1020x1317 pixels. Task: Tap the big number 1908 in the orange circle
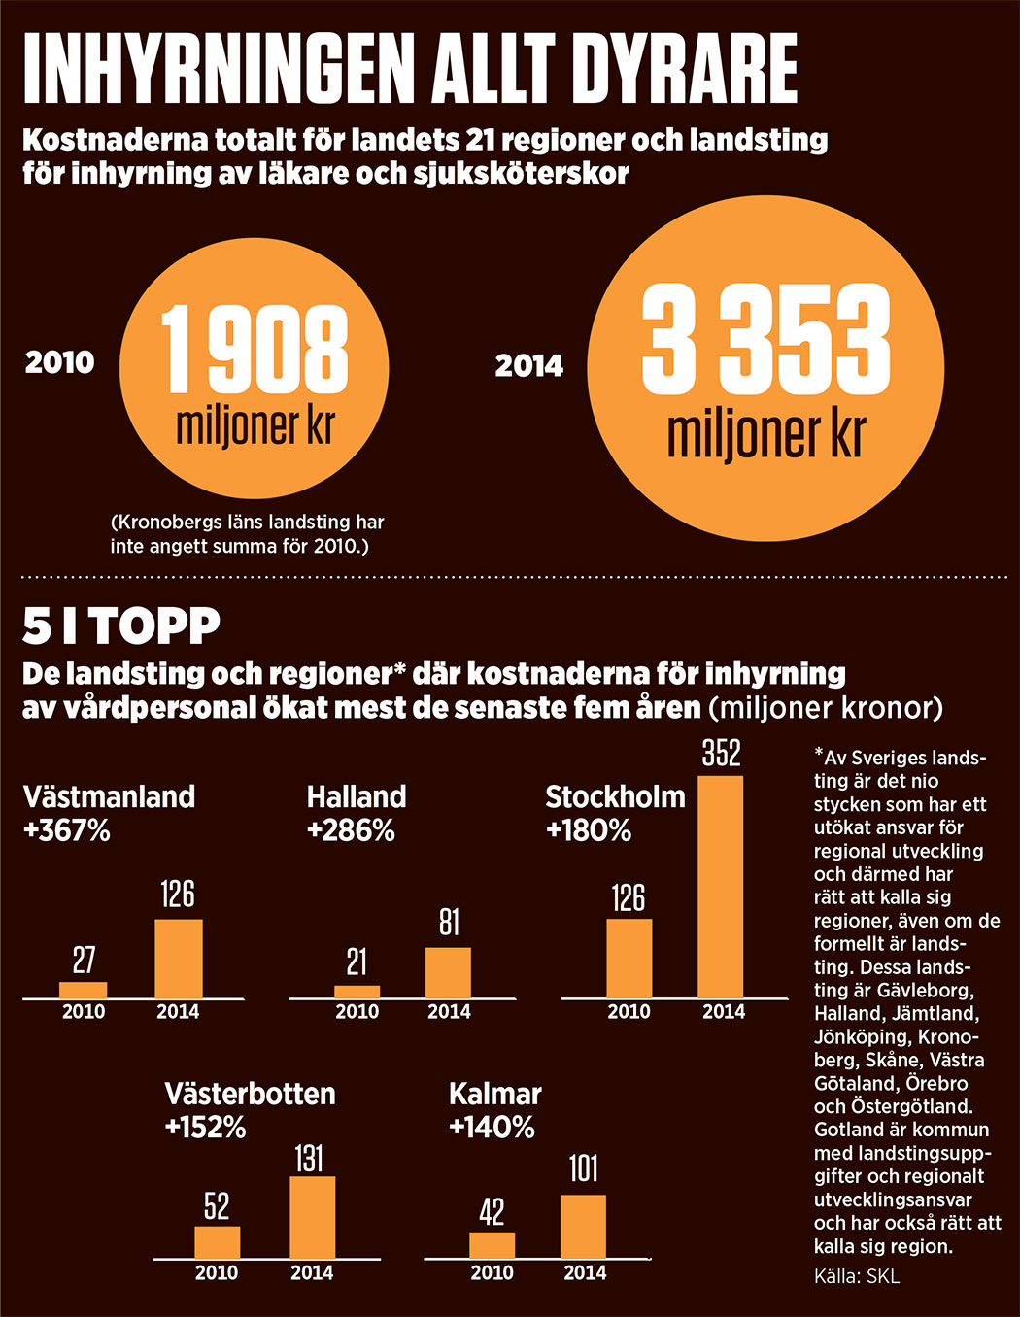tap(255, 350)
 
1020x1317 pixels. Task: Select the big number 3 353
tap(765, 340)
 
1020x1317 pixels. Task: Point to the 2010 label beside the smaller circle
tap(60, 363)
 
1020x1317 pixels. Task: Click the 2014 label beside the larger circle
tap(529, 366)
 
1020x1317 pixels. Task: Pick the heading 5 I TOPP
tap(121, 626)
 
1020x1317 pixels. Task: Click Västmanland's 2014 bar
tap(179, 958)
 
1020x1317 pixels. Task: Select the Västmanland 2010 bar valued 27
tap(84, 990)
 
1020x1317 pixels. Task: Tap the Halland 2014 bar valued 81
tap(448, 972)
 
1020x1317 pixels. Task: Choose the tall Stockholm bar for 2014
tap(721, 886)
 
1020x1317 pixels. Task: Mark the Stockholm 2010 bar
tap(629, 958)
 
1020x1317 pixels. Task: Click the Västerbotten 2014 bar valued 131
tap(312, 1218)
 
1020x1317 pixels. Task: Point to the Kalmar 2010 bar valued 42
tap(492, 1245)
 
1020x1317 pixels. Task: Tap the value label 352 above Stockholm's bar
tap(721, 754)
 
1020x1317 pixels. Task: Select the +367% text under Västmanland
tap(66, 831)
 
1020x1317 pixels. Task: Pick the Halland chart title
tap(357, 797)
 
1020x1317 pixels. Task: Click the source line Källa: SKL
tap(857, 1276)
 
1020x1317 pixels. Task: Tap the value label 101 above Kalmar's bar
tap(583, 1168)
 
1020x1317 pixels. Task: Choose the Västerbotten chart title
tap(250, 1094)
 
